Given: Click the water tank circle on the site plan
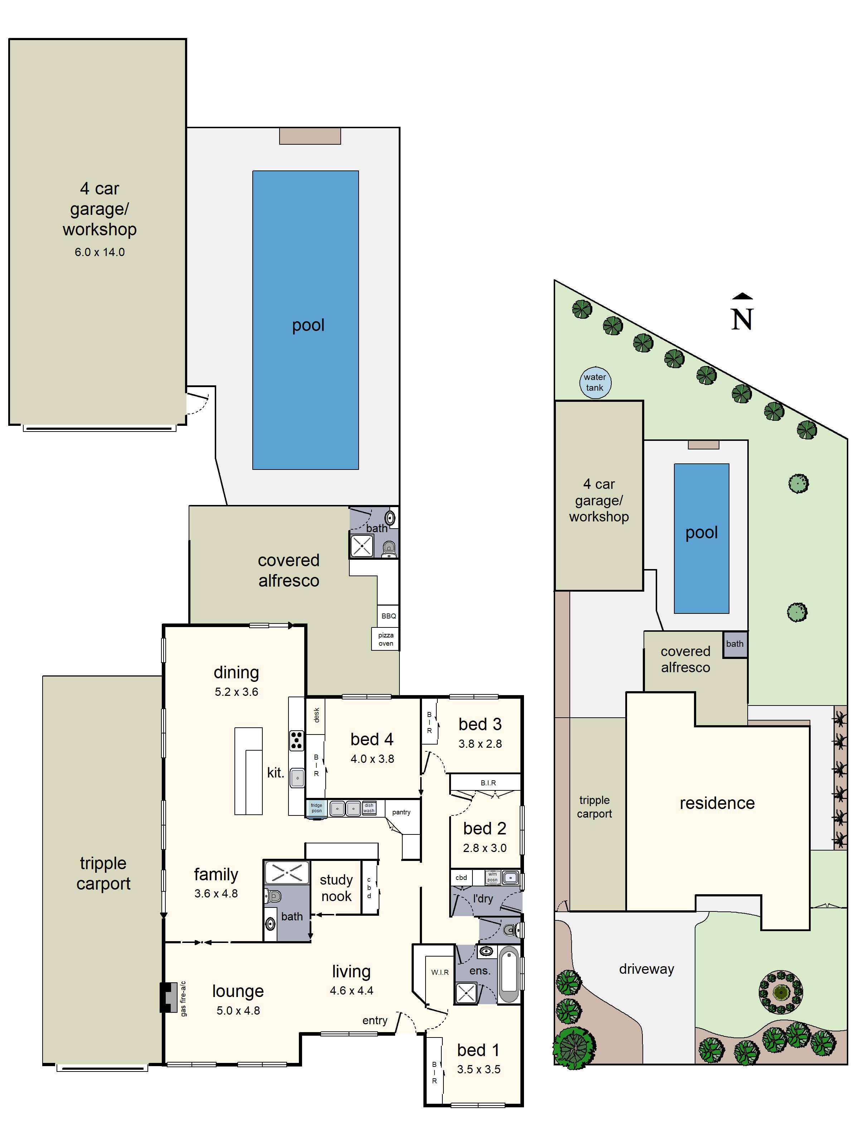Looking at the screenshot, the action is (595, 382).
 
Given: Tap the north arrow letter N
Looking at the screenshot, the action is (742, 319).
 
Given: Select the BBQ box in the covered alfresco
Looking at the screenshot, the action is (388, 616).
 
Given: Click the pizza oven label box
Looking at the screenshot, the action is (386, 639).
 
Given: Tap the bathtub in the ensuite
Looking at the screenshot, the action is (509, 974).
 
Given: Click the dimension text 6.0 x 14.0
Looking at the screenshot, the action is (100, 252).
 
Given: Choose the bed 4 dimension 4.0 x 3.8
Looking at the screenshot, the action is (372, 759).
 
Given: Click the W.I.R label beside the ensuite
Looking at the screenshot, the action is (440, 972).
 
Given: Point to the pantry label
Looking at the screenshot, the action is (401, 812).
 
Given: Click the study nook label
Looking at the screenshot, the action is (336, 888).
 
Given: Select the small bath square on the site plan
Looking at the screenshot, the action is (735, 644).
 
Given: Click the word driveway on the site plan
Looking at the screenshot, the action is (647, 969).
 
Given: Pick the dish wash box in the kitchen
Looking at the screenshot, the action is (369, 808).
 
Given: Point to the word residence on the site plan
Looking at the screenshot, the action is (717, 803).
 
